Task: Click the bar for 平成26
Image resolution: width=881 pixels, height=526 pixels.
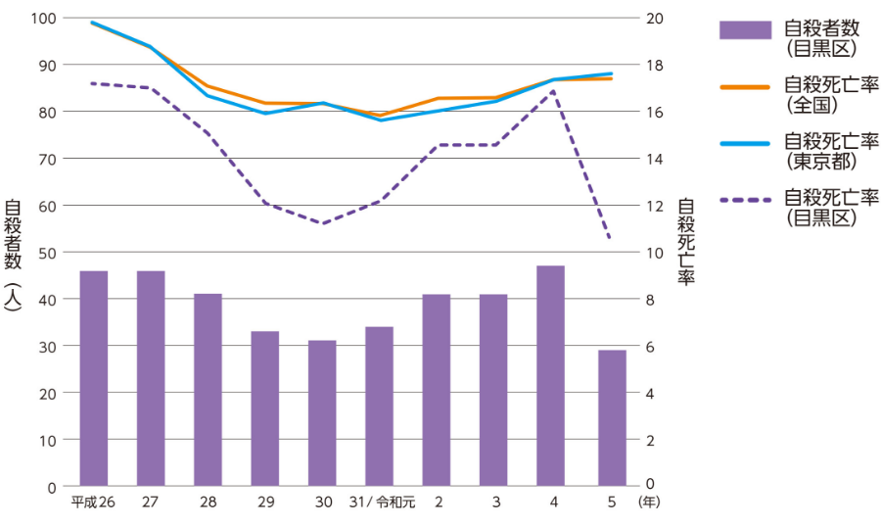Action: (93, 378)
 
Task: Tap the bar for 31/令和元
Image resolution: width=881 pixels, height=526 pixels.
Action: (379, 406)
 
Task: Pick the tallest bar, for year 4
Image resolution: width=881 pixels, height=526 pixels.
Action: (550, 376)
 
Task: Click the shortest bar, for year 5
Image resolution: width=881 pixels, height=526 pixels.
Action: (612, 418)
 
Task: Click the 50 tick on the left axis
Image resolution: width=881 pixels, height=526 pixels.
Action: (47, 252)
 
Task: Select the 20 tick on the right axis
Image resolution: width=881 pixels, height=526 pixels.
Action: (655, 18)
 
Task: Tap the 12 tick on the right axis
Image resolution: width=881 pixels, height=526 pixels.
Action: (655, 206)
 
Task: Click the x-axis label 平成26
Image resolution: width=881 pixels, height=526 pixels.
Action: (93, 502)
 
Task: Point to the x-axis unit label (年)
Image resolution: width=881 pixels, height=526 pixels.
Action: (649, 502)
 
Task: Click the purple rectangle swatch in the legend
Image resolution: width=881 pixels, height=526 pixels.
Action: (745, 30)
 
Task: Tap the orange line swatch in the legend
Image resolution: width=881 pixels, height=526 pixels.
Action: (745, 87)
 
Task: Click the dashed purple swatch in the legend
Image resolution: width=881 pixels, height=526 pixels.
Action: (745, 201)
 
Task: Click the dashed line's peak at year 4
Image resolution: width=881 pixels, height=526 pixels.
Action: (554, 91)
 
